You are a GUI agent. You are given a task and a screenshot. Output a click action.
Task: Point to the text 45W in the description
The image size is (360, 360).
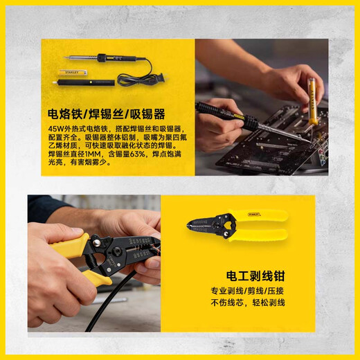[56, 129]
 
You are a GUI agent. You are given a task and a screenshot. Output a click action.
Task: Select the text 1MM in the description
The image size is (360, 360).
[91, 154]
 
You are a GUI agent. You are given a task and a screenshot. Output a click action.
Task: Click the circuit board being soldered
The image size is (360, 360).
[277, 149]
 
